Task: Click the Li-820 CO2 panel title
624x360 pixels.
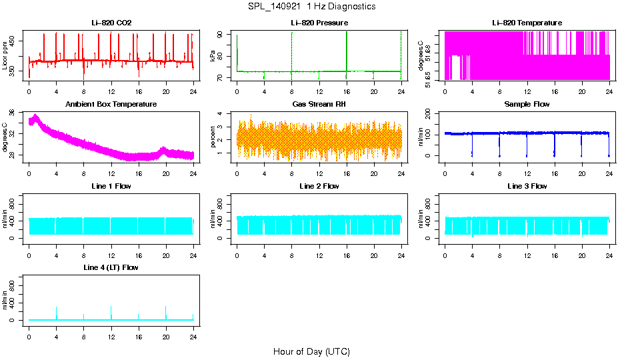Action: [111, 23]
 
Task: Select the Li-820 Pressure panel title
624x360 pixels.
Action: [319, 23]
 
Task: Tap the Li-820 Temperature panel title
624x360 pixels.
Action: [527, 23]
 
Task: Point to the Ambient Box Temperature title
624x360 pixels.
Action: [111, 105]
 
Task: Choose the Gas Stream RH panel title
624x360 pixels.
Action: [319, 105]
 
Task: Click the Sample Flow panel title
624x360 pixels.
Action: [527, 105]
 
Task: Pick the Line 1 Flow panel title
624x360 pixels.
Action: [111, 186]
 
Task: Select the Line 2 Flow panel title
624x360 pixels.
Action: [319, 186]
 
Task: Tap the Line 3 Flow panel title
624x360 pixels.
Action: [527, 186]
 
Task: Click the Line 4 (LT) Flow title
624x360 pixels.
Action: [111, 267]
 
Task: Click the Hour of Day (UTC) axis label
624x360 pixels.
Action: [311, 351]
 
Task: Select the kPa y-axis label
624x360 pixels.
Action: [213, 56]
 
